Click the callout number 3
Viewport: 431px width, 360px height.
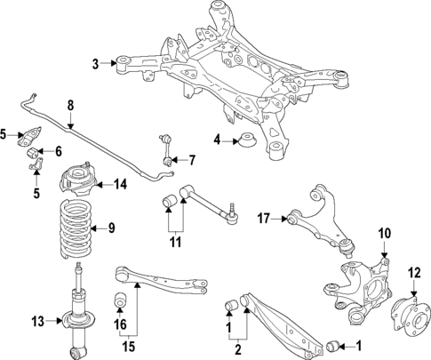click(95, 63)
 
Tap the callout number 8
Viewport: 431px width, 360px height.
click(70, 106)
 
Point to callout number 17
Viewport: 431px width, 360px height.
click(263, 216)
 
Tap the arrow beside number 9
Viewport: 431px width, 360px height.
click(99, 228)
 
